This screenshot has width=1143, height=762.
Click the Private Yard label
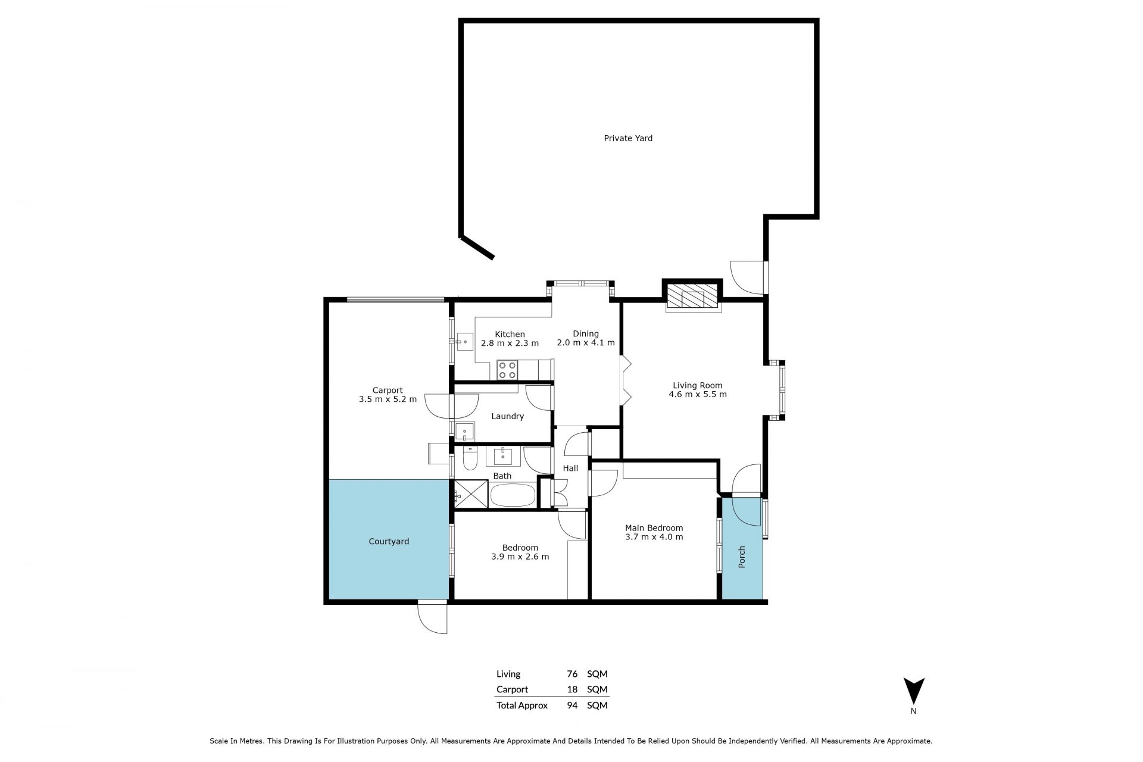point(628,138)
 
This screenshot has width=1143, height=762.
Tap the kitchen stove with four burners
point(507,369)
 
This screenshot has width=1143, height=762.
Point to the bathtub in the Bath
point(513,495)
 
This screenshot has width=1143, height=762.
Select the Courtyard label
point(389,542)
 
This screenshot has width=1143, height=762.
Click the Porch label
point(742,557)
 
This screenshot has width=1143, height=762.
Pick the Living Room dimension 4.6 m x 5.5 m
point(698,394)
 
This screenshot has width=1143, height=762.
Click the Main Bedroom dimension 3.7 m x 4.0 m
point(654,537)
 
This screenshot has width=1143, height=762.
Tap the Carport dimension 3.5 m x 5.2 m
point(388,399)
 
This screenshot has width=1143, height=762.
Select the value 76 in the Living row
point(572,674)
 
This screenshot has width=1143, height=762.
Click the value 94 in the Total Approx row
point(572,705)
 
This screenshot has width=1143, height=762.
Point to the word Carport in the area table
point(512,689)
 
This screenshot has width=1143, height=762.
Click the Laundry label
point(507,417)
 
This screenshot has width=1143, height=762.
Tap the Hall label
point(570,469)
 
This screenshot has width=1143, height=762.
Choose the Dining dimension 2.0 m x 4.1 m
point(586,343)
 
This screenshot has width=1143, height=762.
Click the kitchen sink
point(464,343)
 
